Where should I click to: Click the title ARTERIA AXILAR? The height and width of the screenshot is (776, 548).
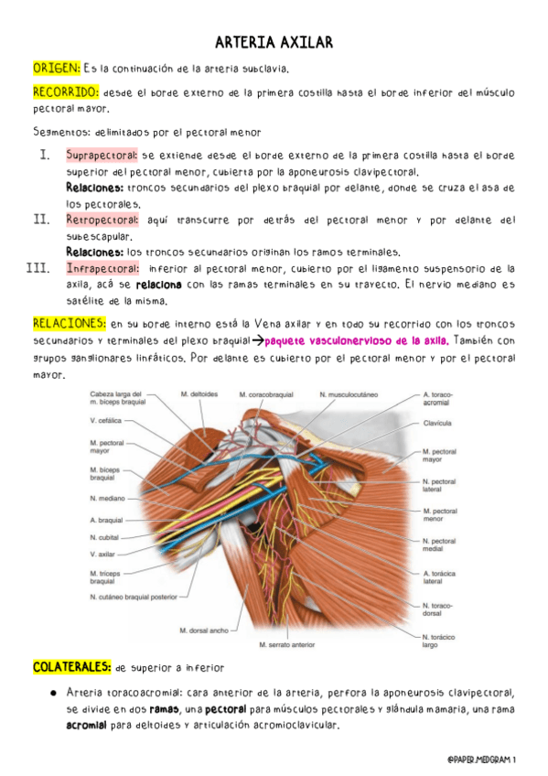(x=274, y=43)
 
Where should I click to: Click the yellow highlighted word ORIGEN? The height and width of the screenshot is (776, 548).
(x=56, y=68)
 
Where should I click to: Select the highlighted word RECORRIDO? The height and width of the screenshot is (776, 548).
(x=65, y=92)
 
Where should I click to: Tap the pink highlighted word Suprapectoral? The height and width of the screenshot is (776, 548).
(x=102, y=156)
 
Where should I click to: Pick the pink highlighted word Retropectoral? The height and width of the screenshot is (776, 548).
(x=102, y=221)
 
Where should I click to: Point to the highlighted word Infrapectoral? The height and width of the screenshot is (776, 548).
(x=101, y=269)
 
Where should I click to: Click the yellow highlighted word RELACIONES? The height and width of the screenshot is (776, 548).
(x=69, y=323)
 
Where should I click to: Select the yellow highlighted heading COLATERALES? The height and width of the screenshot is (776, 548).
(x=72, y=667)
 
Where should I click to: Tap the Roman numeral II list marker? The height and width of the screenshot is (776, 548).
(x=40, y=220)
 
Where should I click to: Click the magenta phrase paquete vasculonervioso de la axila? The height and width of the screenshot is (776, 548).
(x=349, y=339)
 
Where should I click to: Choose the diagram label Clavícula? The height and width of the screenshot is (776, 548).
(x=439, y=424)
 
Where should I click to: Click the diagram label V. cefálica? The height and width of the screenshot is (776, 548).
(x=106, y=422)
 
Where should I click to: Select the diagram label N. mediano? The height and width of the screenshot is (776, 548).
(x=107, y=499)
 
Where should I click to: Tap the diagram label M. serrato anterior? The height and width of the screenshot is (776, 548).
(x=286, y=644)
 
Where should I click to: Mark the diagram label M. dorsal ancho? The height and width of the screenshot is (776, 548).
(x=204, y=630)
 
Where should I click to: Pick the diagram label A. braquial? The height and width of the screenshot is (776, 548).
(x=106, y=520)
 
